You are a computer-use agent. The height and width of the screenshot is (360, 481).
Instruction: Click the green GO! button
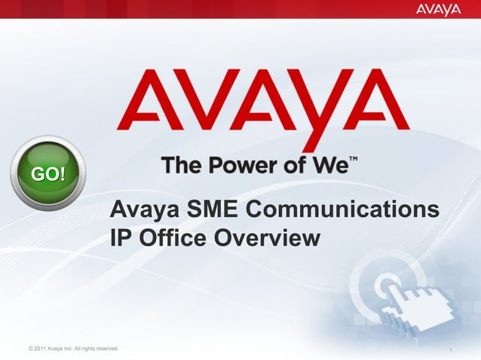click(x=47, y=174)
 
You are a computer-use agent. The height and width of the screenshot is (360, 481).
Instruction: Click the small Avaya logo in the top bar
click(x=438, y=9)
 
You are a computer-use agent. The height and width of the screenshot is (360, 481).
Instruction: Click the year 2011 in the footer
click(x=38, y=347)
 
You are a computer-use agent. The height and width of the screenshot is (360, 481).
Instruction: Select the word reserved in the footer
click(x=104, y=347)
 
